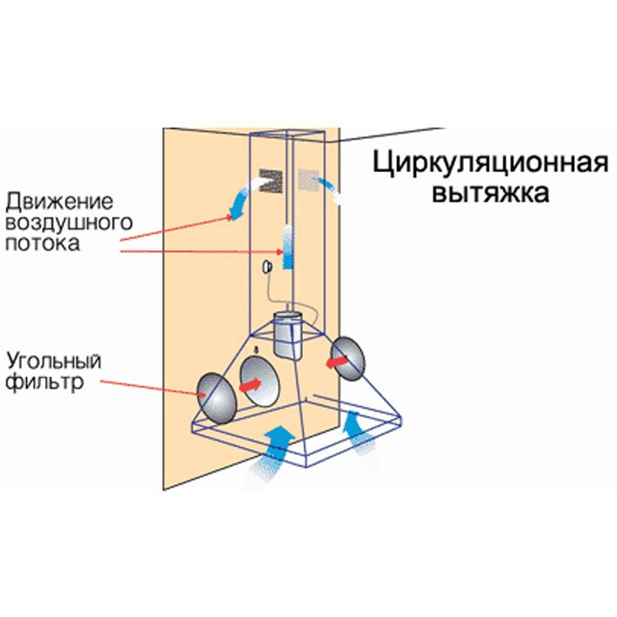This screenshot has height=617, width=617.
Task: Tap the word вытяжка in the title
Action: [490, 193]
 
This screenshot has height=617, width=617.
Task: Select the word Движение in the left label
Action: [60, 201]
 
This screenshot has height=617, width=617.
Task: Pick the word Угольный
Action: [54, 360]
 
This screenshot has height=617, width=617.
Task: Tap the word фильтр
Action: [46, 383]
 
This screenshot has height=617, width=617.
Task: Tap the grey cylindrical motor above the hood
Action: [287, 336]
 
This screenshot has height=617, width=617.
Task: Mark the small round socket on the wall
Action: [268, 267]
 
